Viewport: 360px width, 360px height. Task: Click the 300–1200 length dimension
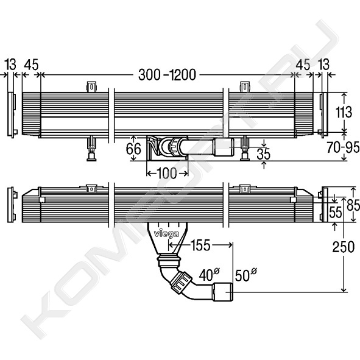(x=167, y=74)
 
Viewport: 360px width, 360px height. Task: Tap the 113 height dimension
(x=344, y=112)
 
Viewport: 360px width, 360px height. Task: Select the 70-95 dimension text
(x=343, y=147)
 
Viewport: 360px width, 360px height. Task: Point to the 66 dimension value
(x=133, y=149)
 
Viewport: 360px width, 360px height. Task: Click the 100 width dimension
(x=167, y=173)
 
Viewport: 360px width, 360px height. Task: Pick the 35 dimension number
(x=264, y=154)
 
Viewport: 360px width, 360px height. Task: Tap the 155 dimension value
(x=200, y=245)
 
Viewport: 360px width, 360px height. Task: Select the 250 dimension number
(x=344, y=247)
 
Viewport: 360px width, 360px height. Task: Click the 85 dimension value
(x=353, y=205)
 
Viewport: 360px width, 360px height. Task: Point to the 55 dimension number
(x=336, y=213)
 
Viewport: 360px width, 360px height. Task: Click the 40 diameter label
(x=209, y=274)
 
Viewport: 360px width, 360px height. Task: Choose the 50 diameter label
(x=245, y=275)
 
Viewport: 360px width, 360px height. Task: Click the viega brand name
(x=166, y=234)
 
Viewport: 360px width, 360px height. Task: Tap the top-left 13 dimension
(x=11, y=65)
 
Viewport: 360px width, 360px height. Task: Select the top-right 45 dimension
(x=303, y=65)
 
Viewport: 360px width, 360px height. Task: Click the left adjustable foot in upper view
(x=91, y=149)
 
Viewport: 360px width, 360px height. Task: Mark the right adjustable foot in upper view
(x=245, y=149)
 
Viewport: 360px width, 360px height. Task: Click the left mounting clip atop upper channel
(x=91, y=86)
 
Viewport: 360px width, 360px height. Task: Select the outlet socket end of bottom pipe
(x=223, y=292)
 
